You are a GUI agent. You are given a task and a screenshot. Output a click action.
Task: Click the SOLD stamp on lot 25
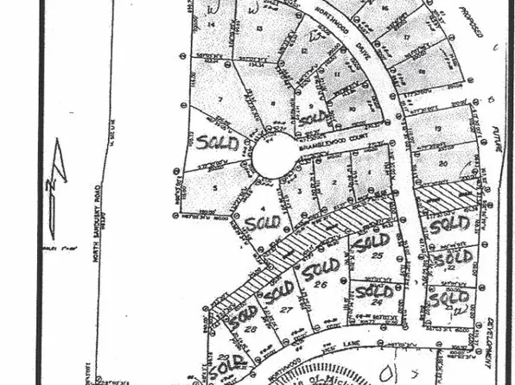pyautogui.click(x=372, y=242)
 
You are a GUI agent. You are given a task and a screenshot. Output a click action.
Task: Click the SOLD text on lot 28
pyautogui.click(x=242, y=312)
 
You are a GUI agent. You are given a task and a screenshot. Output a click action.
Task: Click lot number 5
pyautogui.click(x=213, y=186)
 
